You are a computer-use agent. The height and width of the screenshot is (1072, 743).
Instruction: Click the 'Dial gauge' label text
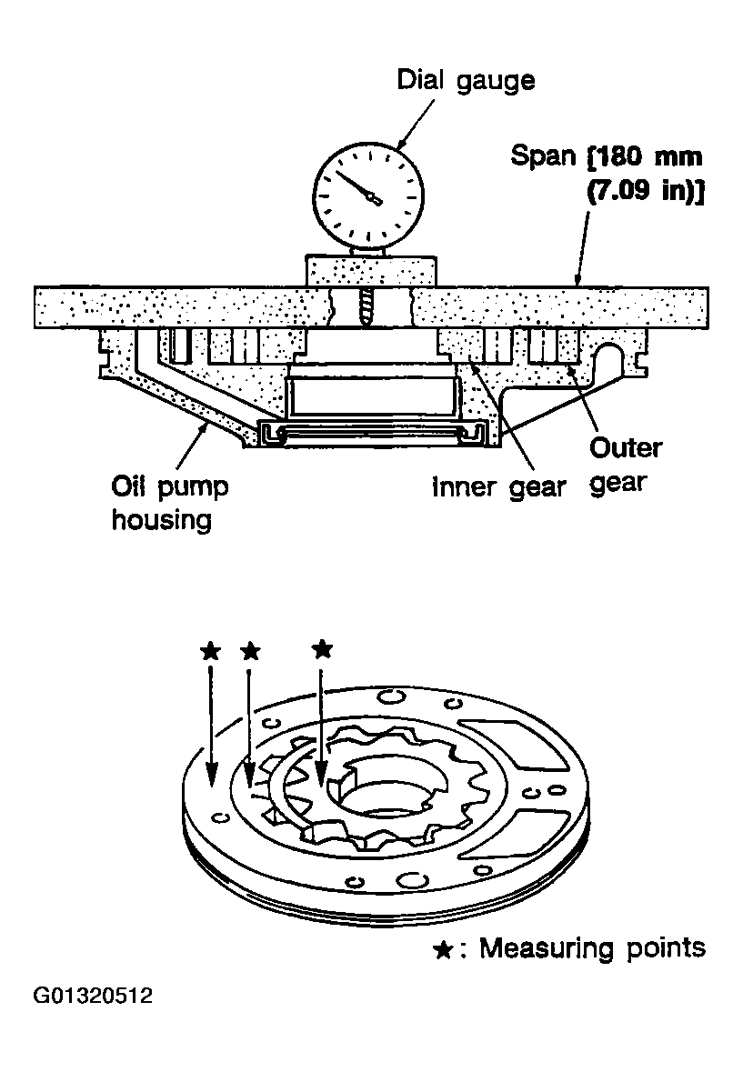(467, 81)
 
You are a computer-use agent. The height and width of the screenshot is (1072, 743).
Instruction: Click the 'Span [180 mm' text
(607, 157)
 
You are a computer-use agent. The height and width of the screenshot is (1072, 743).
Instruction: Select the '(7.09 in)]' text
(646, 191)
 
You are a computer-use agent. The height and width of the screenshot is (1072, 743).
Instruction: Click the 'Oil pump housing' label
(169, 503)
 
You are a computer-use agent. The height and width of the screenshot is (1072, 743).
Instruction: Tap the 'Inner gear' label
(499, 487)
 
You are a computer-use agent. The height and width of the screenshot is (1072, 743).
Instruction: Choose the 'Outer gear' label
(626, 466)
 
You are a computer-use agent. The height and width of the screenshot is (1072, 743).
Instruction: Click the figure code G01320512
(93, 995)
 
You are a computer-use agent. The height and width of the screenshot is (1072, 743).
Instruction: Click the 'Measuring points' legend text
(592, 948)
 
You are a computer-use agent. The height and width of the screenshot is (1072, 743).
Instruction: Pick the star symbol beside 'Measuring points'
(444, 949)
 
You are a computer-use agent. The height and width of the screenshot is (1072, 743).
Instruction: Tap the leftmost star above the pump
(210, 651)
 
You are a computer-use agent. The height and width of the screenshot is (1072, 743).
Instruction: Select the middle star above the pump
(251, 651)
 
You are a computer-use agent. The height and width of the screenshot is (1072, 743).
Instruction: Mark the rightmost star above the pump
(322, 648)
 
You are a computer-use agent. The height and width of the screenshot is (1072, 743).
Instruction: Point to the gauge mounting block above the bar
(370, 271)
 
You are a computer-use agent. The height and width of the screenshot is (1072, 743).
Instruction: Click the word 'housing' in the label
(162, 520)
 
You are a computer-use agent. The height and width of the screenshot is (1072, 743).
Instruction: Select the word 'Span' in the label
(544, 156)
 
